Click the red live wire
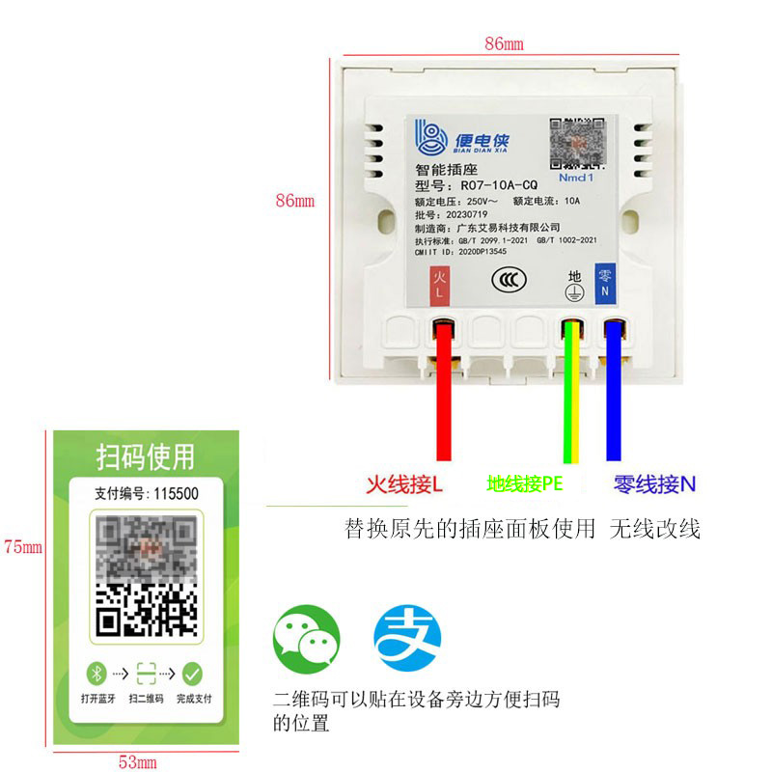(x=444, y=396)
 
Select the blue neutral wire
(x=613, y=396)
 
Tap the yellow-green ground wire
(x=571, y=396)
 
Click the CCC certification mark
(x=509, y=280)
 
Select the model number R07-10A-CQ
(x=499, y=185)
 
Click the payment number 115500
(x=176, y=493)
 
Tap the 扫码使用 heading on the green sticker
(x=145, y=455)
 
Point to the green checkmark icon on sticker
(x=193, y=673)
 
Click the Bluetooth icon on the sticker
(x=96, y=673)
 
